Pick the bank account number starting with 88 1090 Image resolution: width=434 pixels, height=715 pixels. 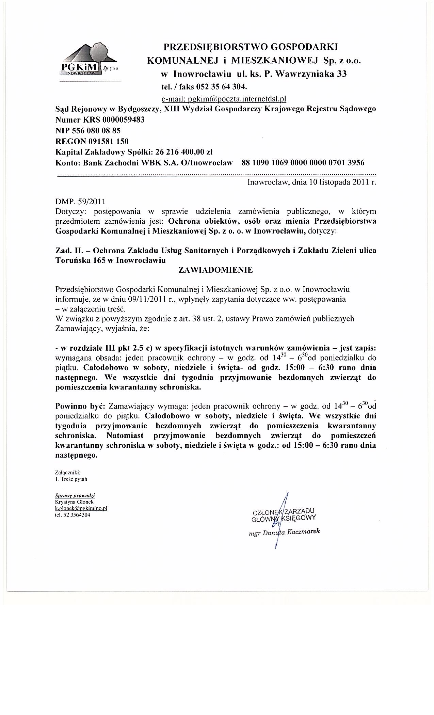pyautogui.click(x=303, y=162)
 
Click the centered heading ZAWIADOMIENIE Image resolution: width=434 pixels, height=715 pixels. pyautogui.click(x=216, y=270)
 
